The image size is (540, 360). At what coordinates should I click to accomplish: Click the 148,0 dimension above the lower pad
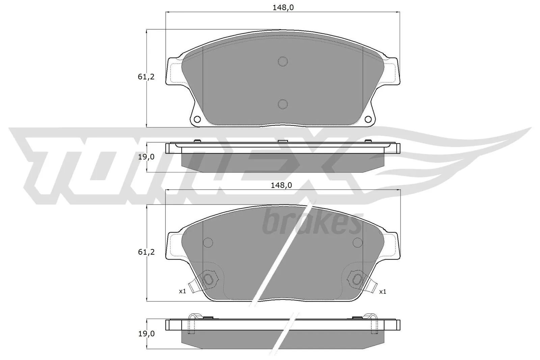(x=283, y=185)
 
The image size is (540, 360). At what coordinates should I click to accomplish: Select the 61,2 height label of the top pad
(x=146, y=77)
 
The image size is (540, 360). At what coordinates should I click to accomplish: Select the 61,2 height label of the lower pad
(x=146, y=252)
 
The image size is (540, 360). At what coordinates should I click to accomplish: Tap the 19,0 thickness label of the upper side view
(x=146, y=157)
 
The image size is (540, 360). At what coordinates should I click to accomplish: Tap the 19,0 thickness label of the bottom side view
(x=146, y=334)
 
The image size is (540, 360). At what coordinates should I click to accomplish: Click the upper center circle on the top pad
(x=283, y=61)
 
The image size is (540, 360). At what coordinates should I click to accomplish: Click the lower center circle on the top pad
(x=283, y=104)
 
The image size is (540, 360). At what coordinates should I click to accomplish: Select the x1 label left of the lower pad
(x=183, y=291)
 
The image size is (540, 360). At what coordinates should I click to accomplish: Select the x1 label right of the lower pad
(x=382, y=292)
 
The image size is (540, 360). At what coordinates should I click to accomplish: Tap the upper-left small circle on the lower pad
(x=208, y=242)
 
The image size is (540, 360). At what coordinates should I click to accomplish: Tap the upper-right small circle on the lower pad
(x=357, y=242)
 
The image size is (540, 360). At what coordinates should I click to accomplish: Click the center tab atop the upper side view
(x=283, y=141)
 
